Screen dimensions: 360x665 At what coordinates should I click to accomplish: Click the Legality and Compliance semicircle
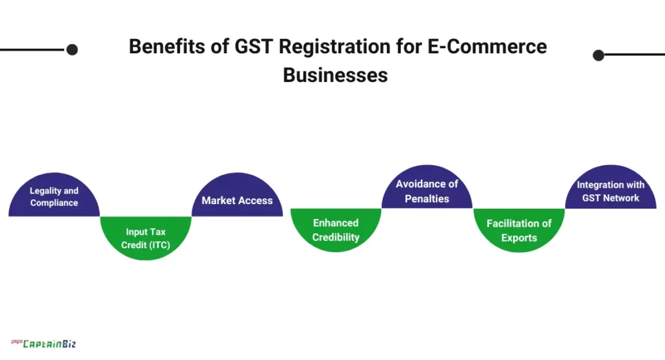[54, 196]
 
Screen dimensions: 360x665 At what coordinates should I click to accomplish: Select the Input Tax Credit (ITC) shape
[145, 238]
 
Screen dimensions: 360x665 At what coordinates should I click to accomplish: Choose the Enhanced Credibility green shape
[336, 230]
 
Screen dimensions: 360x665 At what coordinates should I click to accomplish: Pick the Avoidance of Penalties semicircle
[427, 191]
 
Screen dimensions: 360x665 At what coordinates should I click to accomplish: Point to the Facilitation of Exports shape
[519, 230]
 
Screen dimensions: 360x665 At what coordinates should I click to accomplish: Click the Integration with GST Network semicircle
[610, 191]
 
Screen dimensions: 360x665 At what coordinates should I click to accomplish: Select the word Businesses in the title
[335, 75]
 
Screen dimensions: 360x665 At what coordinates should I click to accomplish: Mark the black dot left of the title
[72, 49]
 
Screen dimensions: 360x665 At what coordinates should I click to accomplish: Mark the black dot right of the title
[599, 55]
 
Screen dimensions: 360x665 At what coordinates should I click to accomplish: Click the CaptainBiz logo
[44, 344]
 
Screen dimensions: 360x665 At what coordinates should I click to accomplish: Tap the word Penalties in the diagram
[427, 199]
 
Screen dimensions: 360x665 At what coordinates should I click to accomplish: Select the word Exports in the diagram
[519, 238]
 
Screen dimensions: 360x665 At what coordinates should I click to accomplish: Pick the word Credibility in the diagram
[336, 237]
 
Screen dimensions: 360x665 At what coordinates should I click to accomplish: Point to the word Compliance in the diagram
[54, 203]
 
